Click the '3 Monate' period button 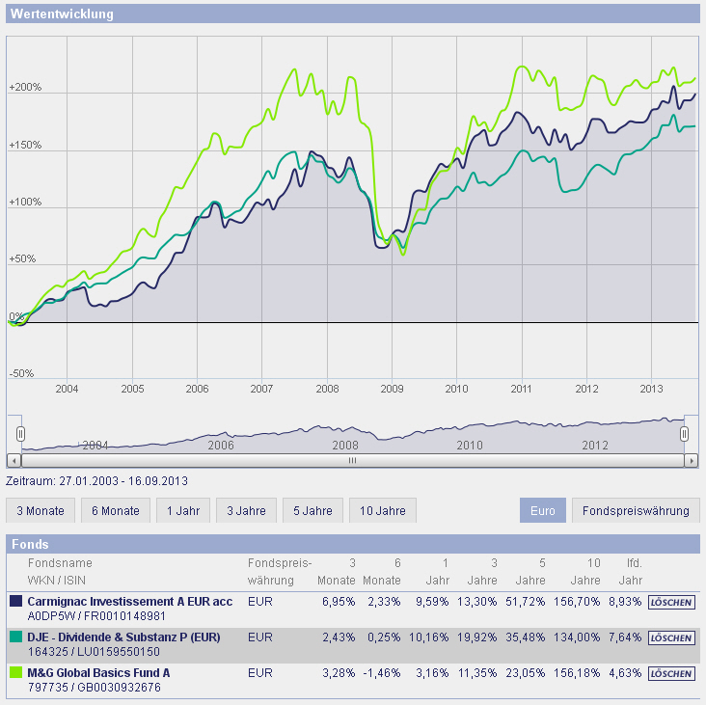pos(40,510)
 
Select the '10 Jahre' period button pos(383,510)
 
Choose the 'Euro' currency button pos(543,510)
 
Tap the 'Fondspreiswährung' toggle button pos(636,510)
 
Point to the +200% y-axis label pos(24,88)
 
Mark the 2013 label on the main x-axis pos(652,389)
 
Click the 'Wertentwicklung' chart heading pos(63,14)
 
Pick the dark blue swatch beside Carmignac pos(15,601)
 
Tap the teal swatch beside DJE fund pos(15,637)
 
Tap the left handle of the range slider pos(20,434)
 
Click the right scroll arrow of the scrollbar pos(690,460)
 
